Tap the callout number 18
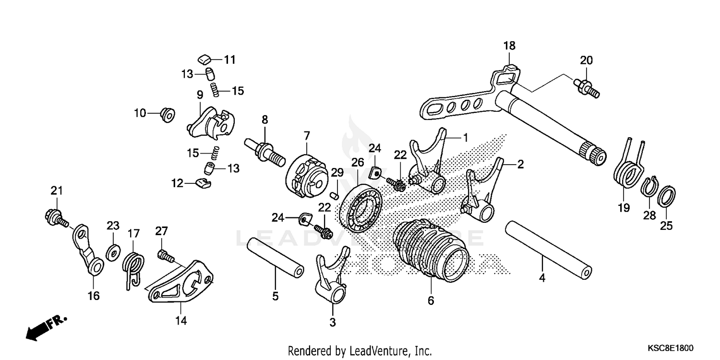pos(509,46)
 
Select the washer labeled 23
pos(112,251)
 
